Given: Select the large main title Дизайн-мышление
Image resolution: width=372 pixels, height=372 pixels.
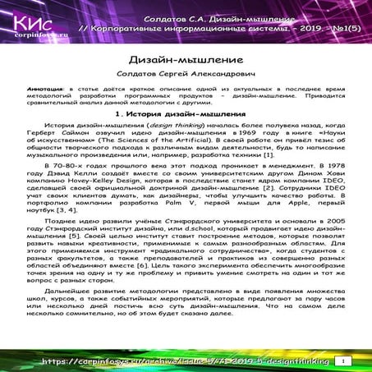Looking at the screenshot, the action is [x=186, y=61].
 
